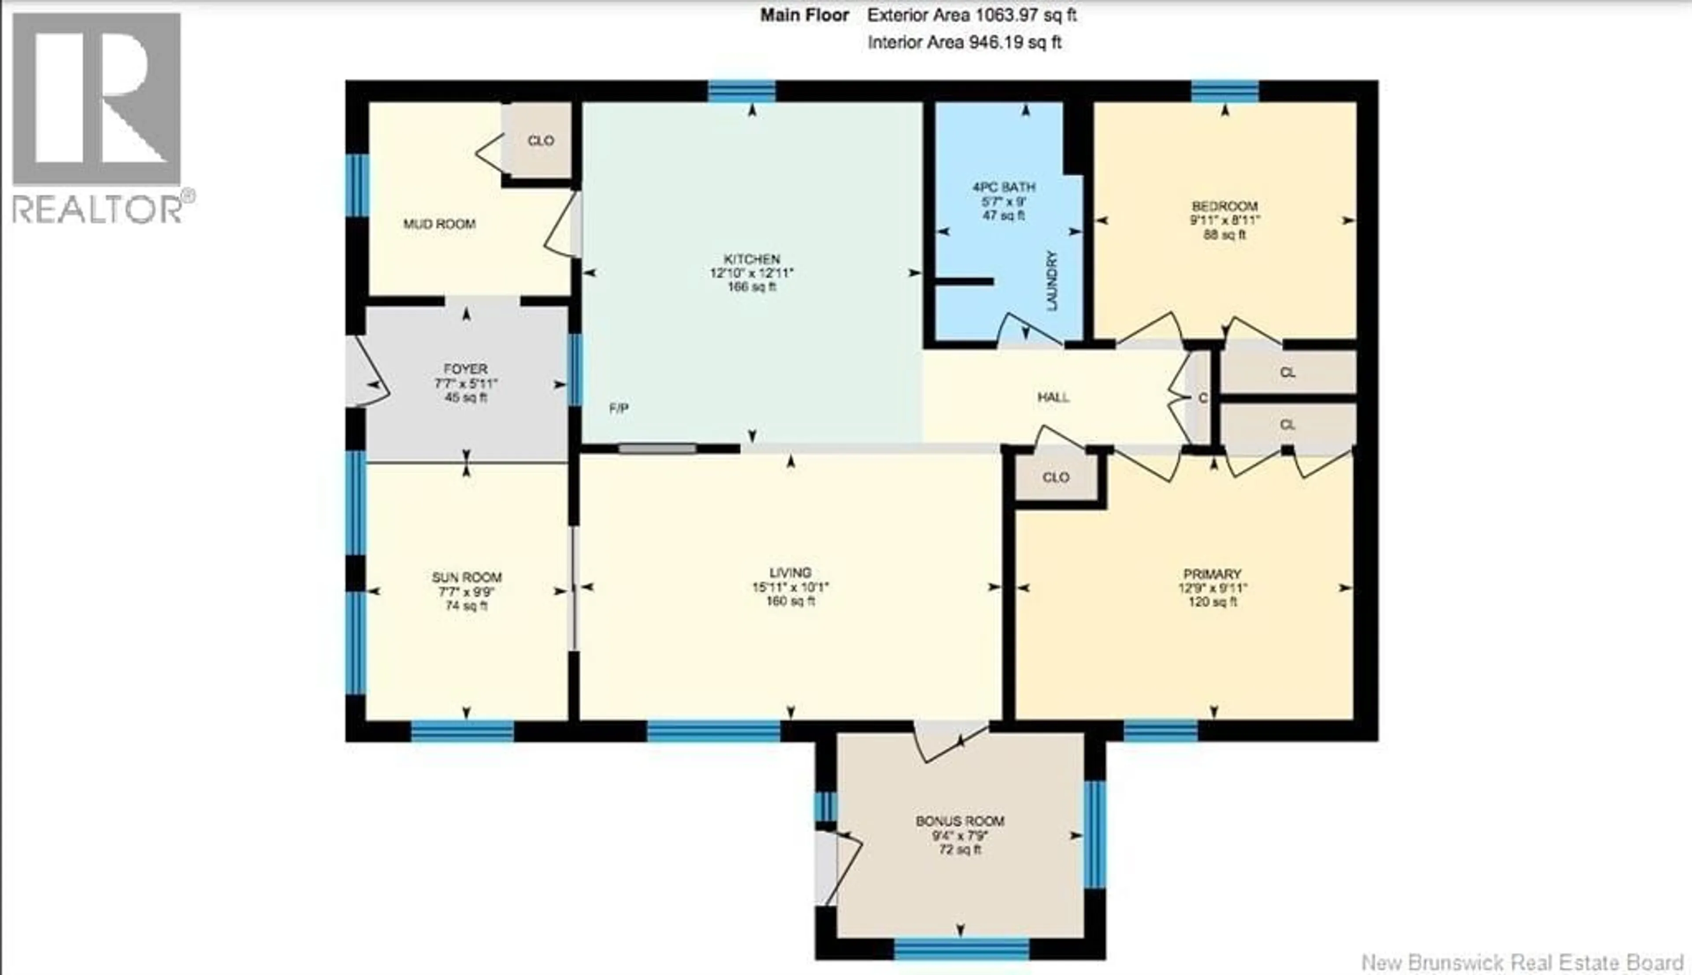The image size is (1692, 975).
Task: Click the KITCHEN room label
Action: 751,259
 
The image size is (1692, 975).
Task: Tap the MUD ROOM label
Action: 439,224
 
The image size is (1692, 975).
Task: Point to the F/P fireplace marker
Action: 619,408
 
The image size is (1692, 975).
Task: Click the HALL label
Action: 1053,397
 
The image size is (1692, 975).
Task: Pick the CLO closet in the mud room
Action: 540,141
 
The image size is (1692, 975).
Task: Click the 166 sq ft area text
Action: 751,287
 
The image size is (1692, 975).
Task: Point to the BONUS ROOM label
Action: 960,821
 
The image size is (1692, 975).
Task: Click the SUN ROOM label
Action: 467,577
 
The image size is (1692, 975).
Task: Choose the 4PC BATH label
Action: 1004,187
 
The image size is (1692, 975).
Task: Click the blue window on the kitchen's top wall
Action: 742,91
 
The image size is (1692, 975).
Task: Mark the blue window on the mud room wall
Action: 357,185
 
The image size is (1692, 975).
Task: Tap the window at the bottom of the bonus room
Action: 961,949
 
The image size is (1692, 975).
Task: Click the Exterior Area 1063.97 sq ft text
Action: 972,15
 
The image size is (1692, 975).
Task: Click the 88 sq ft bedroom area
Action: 1224,235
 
